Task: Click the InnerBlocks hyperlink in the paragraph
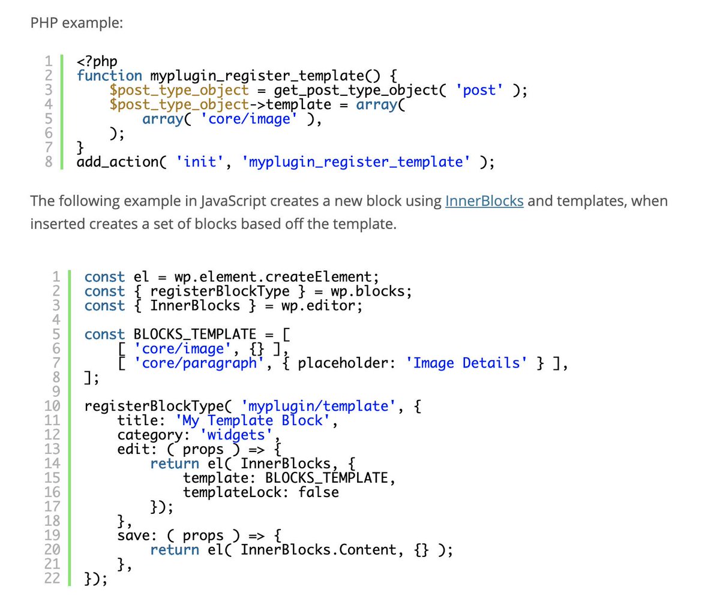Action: (x=484, y=201)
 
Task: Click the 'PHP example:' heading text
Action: (x=76, y=23)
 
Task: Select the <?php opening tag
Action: (x=97, y=61)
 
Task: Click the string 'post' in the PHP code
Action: (x=479, y=90)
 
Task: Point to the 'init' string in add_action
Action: (x=200, y=162)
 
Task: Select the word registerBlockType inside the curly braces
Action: (x=220, y=291)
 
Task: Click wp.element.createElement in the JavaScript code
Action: (x=277, y=277)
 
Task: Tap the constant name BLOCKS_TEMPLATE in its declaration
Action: (x=194, y=335)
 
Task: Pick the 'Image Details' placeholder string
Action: (x=467, y=363)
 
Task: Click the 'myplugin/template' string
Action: (x=318, y=407)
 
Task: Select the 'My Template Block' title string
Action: (x=253, y=421)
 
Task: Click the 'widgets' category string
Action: (x=236, y=435)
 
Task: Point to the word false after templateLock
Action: (x=319, y=492)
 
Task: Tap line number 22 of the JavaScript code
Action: (x=52, y=578)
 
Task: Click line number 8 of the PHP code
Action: (x=49, y=162)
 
